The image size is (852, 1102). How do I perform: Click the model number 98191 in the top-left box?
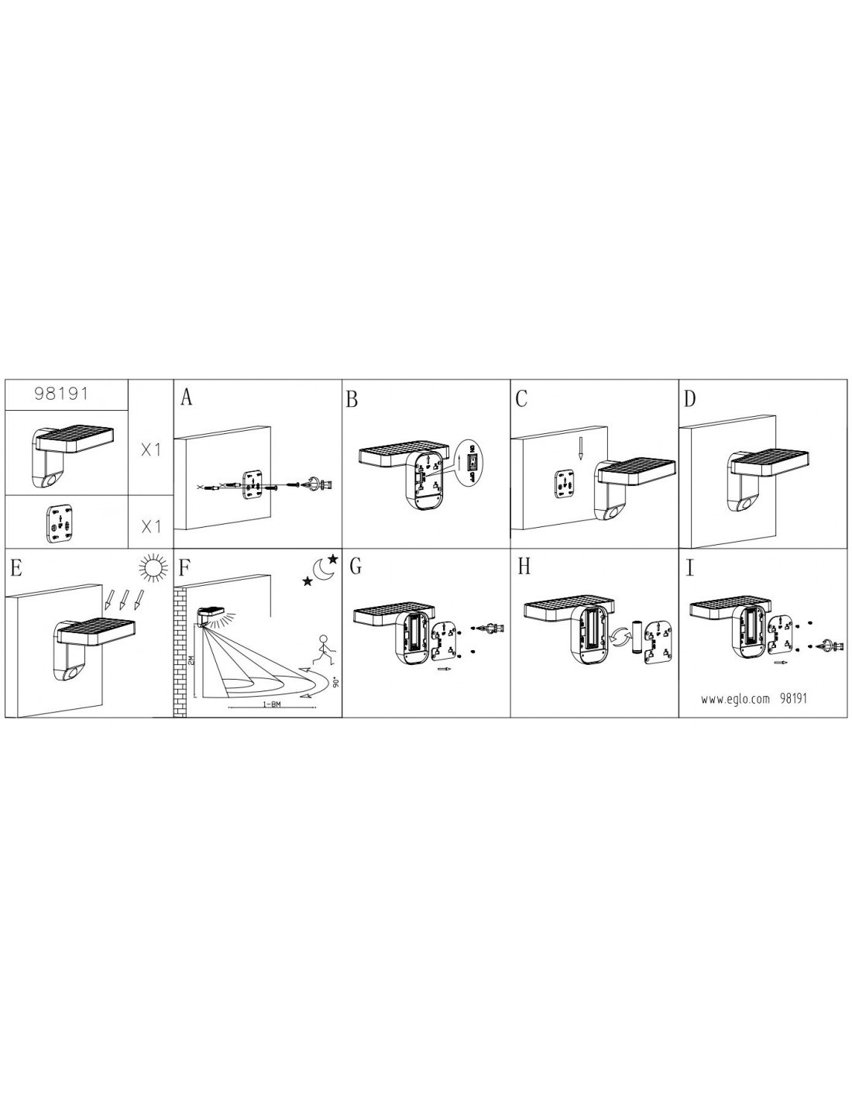(61, 393)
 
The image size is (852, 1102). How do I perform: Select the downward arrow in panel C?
(580, 447)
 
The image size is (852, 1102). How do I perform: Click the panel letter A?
(187, 398)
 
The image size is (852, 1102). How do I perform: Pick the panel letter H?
(524, 567)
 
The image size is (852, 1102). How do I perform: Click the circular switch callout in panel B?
(469, 461)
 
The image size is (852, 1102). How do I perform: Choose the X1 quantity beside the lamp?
(150, 451)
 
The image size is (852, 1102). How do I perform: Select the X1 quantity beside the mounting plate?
(151, 528)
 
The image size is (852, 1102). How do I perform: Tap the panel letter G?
(356, 567)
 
